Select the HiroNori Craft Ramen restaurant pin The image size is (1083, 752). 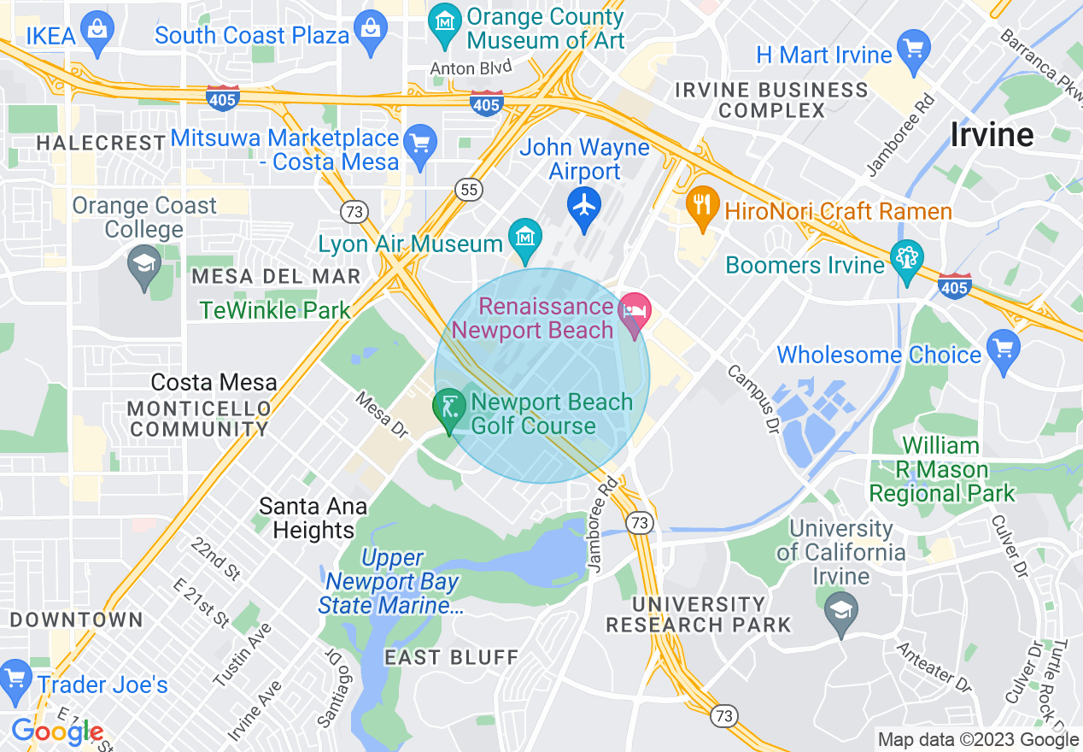pyautogui.click(x=702, y=206)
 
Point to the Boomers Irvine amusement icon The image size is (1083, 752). pyautogui.click(x=906, y=260)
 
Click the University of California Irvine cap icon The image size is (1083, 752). pyautogui.click(x=841, y=611)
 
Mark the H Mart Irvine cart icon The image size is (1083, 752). pyautogui.click(x=914, y=50)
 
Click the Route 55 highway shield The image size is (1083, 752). pyautogui.click(x=469, y=190)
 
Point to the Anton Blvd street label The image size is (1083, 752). pyautogui.click(x=471, y=68)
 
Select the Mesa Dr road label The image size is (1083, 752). pyautogui.click(x=383, y=410)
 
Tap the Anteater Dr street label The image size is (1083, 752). pyautogui.click(x=934, y=667)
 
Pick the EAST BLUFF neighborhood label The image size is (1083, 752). pyautogui.click(x=451, y=657)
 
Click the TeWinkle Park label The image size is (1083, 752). pyautogui.click(x=275, y=310)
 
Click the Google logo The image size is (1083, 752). pyautogui.click(x=57, y=732)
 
